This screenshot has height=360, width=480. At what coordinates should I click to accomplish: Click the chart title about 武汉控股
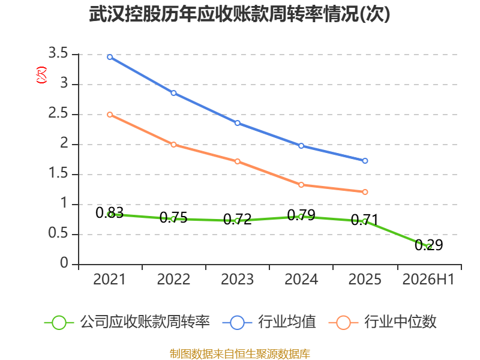pos(239,14)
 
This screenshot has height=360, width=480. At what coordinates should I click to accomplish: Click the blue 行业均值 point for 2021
pos(110,57)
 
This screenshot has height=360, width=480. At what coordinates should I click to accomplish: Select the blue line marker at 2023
pos(238,123)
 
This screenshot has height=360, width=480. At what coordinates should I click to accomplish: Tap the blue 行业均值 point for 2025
pos(365,161)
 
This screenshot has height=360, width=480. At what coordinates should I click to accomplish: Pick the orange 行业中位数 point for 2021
pos(110,115)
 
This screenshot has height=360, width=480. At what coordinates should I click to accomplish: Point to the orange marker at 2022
pos(173,145)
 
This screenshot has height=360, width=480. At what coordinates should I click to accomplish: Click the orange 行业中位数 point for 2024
pos(301,185)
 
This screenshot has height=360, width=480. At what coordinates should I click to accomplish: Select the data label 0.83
pos(110,213)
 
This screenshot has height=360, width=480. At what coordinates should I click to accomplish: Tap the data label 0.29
pos(429,245)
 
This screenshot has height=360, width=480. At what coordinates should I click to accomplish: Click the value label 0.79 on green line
pos(301,215)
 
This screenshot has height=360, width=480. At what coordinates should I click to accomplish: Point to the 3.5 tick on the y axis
pos(58,53)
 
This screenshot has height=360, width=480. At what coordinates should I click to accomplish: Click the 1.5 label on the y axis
pos(58,173)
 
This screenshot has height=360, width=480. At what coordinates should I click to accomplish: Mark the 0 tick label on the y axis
pos(64,263)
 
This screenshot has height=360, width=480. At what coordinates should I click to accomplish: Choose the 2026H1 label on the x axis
pos(428,280)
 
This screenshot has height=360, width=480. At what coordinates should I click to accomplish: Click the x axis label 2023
pos(238,280)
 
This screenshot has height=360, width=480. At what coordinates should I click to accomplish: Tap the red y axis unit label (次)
pos(41,74)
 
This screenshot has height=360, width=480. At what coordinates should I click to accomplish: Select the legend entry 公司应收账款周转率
pos(127,322)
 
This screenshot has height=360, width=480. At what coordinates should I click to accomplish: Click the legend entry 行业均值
pos(269,322)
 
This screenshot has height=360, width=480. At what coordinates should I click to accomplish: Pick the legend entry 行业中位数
pos(383,322)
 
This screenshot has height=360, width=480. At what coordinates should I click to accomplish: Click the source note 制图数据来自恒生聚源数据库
pos(239,354)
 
